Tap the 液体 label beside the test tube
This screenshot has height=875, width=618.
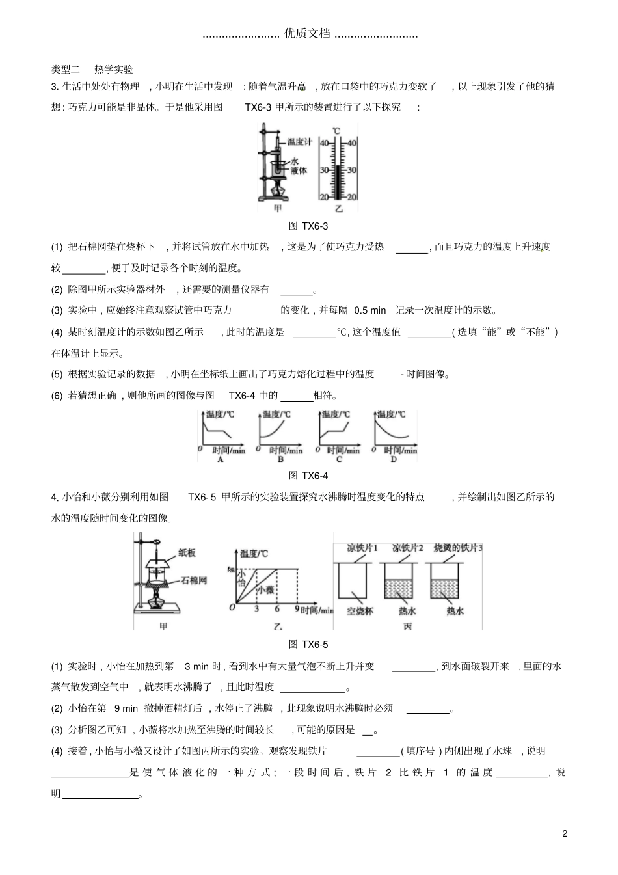coord(299,171)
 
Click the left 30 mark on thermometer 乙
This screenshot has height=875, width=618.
coord(323,170)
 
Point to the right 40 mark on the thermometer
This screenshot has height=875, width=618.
coord(352,143)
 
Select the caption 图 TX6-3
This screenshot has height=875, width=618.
coord(308,226)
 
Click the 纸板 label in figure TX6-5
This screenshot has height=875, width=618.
coord(187,553)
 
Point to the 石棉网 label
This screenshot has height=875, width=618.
coord(194,580)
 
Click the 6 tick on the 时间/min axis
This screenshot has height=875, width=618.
coord(277,609)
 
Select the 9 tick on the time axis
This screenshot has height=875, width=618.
coord(297,609)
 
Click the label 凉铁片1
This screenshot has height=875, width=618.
coord(362,548)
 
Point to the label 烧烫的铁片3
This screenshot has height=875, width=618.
coord(458,548)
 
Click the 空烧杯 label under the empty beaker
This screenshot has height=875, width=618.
coord(360,612)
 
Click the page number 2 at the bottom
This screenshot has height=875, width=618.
coord(565,833)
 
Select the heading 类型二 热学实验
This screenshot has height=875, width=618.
coord(92,69)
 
